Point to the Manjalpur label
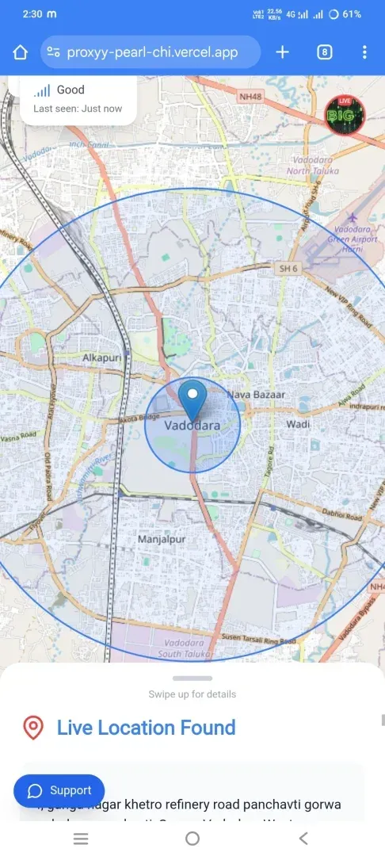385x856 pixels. point(162,539)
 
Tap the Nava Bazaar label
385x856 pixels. point(256,394)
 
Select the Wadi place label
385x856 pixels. point(298,424)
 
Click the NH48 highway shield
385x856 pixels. point(250,97)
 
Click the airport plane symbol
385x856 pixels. point(353,218)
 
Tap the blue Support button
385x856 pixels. point(59,790)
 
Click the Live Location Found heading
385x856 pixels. point(147,728)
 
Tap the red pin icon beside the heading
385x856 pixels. point(33,728)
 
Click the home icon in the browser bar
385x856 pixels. point(20,52)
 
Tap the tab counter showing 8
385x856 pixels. point(324,52)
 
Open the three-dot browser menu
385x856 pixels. point(364,52)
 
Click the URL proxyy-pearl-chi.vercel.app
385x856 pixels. point(152,52)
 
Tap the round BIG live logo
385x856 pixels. point(345,116)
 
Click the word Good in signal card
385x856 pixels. point(71,90)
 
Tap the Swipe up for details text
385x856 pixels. point(192,694)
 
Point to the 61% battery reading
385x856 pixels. point(353,14)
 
